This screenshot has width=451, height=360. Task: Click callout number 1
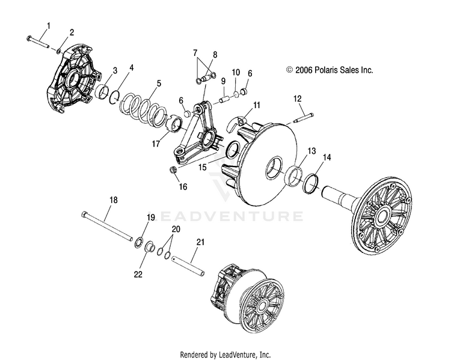49,25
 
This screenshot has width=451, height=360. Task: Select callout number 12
297,98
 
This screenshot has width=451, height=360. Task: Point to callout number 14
327,157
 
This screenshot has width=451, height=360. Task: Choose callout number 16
183,187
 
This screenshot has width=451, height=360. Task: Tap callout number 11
257,105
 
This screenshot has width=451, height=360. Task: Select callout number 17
156,144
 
